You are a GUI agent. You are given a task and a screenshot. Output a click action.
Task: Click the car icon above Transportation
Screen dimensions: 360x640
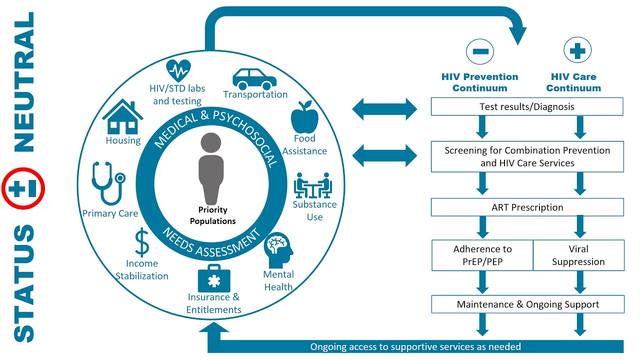(254, 78)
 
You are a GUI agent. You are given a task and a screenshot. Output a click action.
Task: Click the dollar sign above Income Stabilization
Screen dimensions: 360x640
(142, 242)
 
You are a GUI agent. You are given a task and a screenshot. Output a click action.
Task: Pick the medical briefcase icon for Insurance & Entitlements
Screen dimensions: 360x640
(214, 278)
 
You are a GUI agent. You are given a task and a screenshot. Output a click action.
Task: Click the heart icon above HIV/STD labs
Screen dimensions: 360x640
(178, 70)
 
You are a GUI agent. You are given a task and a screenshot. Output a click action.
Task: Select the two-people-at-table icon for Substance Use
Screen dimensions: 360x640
(313, 185)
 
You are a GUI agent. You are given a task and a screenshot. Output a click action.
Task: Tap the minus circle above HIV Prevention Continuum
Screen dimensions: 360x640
(479, 51)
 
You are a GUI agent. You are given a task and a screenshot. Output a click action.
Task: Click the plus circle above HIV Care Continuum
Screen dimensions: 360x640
(577, 51)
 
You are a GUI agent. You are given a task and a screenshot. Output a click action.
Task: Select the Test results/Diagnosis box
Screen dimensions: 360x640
(527, 106)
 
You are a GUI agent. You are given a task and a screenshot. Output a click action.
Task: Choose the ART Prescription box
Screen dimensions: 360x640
(527, 207)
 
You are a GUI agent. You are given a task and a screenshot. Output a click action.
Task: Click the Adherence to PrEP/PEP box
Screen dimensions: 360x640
(482, 255)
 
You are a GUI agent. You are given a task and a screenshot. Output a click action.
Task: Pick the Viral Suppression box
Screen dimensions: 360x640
(578, 255)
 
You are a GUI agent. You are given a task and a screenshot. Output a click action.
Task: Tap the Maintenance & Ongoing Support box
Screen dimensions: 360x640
(527, 304)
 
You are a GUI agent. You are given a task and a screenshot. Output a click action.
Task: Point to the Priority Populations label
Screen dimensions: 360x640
(213, 215)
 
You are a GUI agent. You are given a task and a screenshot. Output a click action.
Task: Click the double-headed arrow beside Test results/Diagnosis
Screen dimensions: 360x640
(384, 109)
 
